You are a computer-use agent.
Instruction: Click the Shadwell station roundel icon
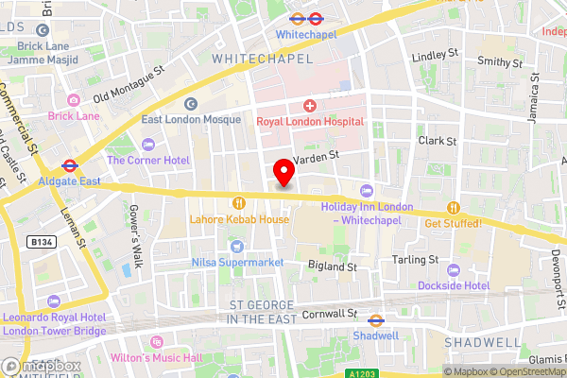coord(375,320)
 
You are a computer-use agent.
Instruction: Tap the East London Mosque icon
coord(191,104)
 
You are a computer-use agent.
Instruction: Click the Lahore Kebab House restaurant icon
coord(239,202)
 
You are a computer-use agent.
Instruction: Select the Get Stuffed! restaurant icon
coord(454,207)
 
